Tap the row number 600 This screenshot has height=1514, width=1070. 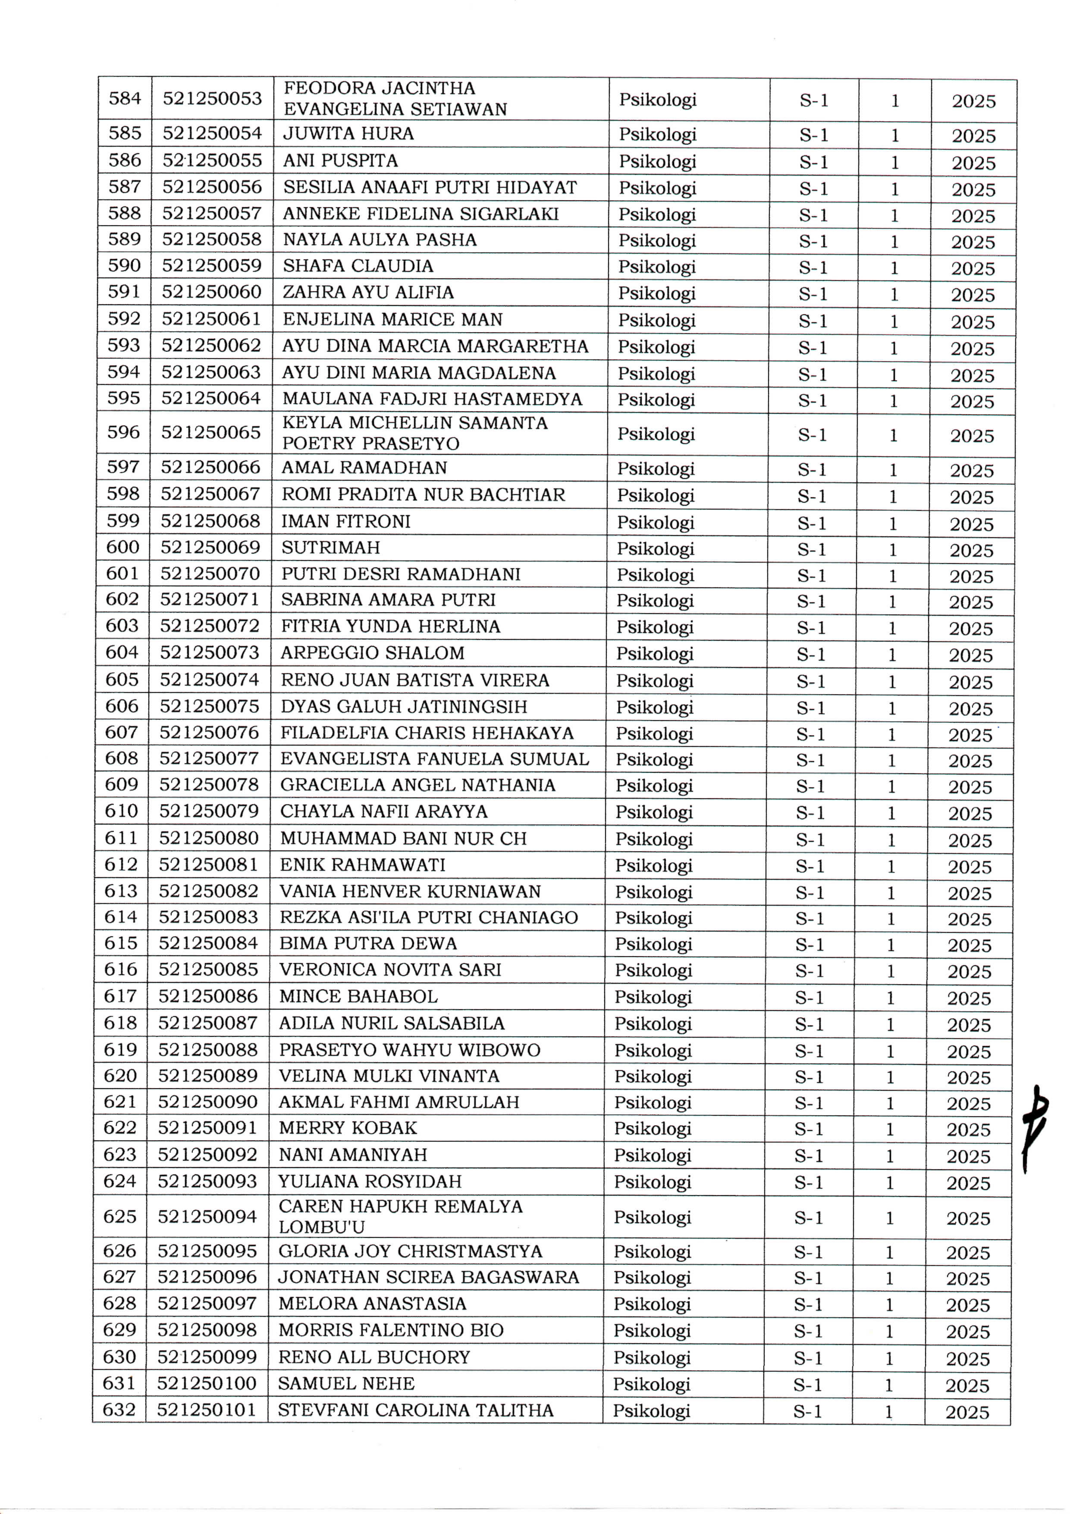[x=123, y=547]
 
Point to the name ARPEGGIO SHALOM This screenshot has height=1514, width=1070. [x=372, y=653]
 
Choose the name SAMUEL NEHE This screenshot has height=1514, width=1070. [x=346, y=1383]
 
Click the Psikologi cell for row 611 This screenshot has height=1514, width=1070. [x=653, y=839]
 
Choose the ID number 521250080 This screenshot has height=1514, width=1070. [x=208, y=838]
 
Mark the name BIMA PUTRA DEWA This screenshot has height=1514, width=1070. [x=368, y=944]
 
